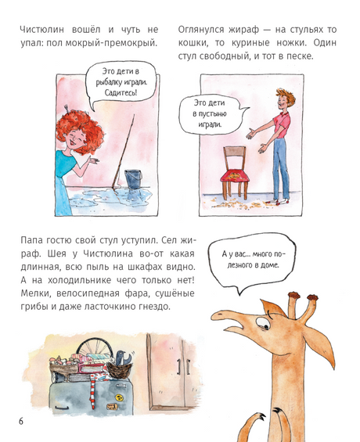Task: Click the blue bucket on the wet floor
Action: coord(133,179)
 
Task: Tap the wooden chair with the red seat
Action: coord(235,173)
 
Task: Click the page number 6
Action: coord(21,421)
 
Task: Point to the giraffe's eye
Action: coord(264,323)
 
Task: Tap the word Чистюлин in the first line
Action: coord(42,30)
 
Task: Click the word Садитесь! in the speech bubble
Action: coord(121,92)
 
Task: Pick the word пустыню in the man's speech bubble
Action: coord(210,114)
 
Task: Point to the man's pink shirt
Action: coord(283,125)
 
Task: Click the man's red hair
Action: coord(286,97)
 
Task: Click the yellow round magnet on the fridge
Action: coord(120,397)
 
